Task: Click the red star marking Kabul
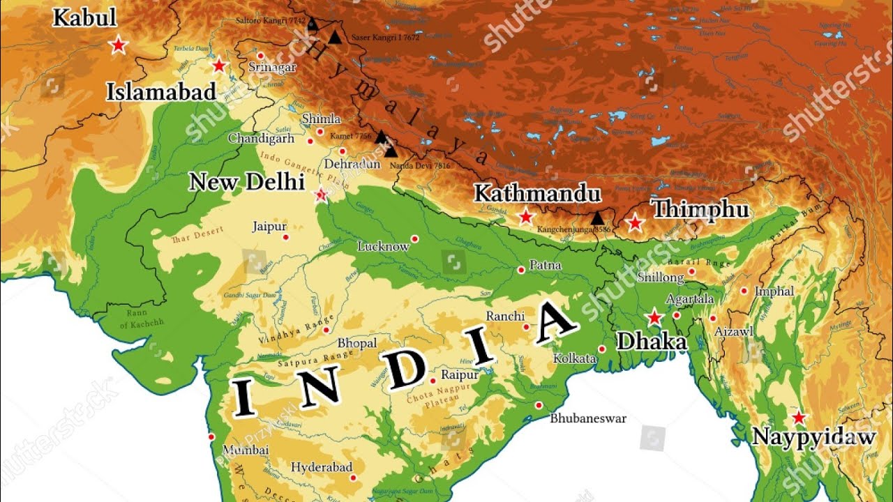(x=119, y=45)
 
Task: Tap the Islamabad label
(x=161, y=92)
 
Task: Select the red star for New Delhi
(x=321, y=195)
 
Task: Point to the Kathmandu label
(x=537, y=193)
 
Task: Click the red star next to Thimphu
(x=634, y=223)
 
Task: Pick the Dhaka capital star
(x=654, y=318)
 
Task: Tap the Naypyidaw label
(x=813, y=438)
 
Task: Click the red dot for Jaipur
(x=285, y=237)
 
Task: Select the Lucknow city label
(x=383, y=247)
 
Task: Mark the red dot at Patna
(x=521, y=270)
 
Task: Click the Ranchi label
(x=505, y=317)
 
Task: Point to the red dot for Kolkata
(x=602, y=349)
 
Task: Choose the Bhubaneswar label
(x=588, y=419)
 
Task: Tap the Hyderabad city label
(x=322, y=467)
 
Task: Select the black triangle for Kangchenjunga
(x=597, y=218)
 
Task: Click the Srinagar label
(x=272, y=68)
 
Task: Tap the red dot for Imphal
(x=744, y=291)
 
